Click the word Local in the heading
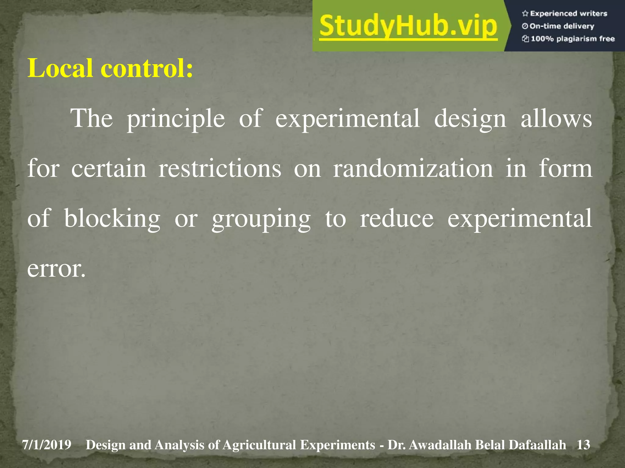tap(60, 68)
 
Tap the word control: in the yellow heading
tap(147, 68)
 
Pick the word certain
tap(109, 168)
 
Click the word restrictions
tap(220, 168)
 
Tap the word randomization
tap(413, 168)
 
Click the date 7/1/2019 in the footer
tap(46, 445)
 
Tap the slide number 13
tap(583, 445)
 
